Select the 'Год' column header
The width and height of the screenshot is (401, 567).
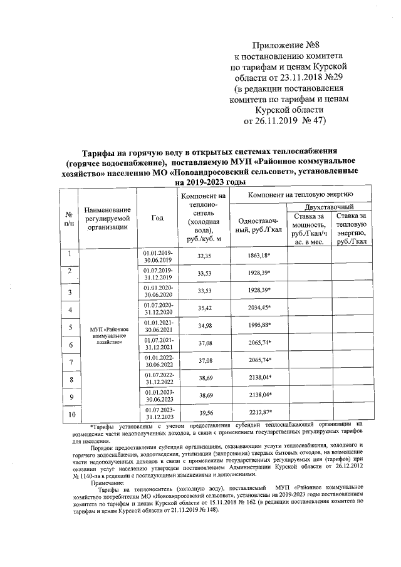(x=157, y=218)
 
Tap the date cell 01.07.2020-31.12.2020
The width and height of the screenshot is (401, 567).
(x=157, y=309)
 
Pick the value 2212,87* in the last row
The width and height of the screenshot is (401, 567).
(x=258, y=414)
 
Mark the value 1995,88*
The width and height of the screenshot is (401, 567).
(x=258, y=326)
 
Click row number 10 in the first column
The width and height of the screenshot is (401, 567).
(x=71, y=414)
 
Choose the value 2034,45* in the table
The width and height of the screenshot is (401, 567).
(x=258, y=309)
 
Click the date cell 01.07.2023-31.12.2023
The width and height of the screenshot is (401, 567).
(x=157, y=414)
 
